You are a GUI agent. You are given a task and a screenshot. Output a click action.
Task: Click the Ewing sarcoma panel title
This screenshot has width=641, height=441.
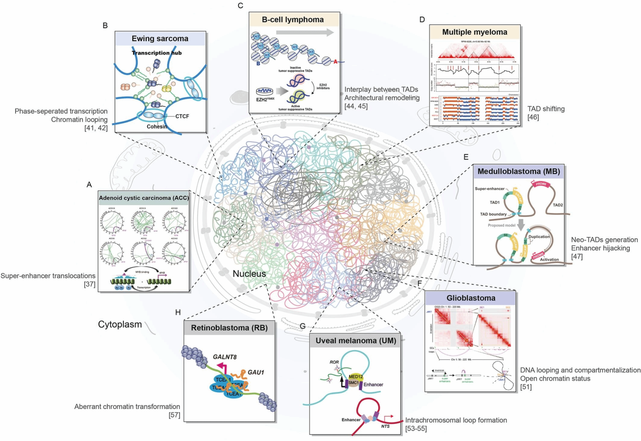(160, 38)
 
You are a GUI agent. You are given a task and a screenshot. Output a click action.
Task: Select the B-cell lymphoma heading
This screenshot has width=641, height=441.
(293, 20)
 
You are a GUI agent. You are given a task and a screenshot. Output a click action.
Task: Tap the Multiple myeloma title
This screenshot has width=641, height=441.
(474, 32)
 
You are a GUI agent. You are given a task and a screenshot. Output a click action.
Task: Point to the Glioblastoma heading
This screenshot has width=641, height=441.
(471, 298)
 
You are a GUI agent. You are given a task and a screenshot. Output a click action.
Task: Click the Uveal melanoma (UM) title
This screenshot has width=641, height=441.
(356, 341)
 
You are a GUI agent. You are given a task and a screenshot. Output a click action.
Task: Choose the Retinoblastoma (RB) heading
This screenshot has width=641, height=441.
(229, 328)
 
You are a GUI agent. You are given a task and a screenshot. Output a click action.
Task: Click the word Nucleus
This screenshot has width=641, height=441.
(249, 274)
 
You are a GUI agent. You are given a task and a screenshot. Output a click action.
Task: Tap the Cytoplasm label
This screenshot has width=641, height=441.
(120, 324)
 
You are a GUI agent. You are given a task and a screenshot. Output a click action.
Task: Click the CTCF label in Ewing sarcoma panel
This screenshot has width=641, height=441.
(182, 116)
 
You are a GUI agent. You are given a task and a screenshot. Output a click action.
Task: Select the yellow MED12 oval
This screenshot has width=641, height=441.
(356, 377)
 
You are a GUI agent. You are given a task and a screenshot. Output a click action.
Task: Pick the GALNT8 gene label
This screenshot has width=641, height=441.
(225, 357)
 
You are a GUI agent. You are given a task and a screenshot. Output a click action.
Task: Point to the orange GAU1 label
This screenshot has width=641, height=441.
(256, 372)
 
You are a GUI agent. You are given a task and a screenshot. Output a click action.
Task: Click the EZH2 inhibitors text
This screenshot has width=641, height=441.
(323, 86)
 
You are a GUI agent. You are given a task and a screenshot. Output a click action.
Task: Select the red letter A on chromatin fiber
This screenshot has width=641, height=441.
(335, 62)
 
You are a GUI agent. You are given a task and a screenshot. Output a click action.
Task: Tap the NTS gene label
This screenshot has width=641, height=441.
(385, 426)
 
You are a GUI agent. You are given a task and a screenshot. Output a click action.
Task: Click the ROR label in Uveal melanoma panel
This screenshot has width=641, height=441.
(334, 362)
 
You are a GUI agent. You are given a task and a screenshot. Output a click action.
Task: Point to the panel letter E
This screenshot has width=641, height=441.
(466, 157)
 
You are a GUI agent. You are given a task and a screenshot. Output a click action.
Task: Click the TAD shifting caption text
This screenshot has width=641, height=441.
(546, 109)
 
